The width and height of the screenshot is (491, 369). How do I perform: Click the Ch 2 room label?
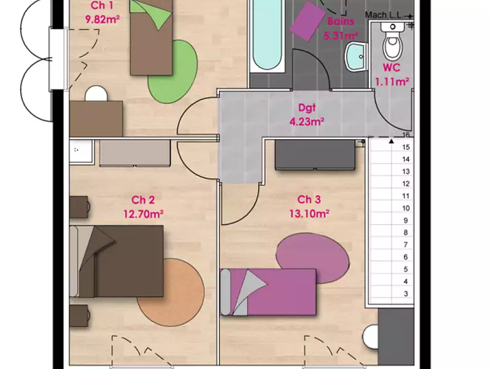143,200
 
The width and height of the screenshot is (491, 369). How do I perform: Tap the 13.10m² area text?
309,214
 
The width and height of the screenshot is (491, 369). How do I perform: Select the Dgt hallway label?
307,108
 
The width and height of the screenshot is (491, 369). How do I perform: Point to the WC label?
392,68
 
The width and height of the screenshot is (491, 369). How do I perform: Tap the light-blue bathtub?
267,34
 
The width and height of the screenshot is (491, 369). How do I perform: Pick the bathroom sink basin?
357,57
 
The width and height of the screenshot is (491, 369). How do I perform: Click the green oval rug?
173,71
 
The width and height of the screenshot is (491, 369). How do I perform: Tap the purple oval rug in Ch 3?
312,258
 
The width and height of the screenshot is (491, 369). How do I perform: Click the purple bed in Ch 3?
268,292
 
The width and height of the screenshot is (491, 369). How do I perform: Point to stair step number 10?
406,208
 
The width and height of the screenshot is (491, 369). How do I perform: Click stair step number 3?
406,294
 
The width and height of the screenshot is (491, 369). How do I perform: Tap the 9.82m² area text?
102,20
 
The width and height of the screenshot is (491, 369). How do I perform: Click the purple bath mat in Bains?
308,21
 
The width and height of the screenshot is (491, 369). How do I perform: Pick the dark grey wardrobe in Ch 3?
315,155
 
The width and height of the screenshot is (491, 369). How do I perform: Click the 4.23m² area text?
306,121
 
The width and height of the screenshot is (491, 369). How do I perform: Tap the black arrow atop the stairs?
391,141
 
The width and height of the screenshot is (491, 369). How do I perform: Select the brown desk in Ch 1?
96,119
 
